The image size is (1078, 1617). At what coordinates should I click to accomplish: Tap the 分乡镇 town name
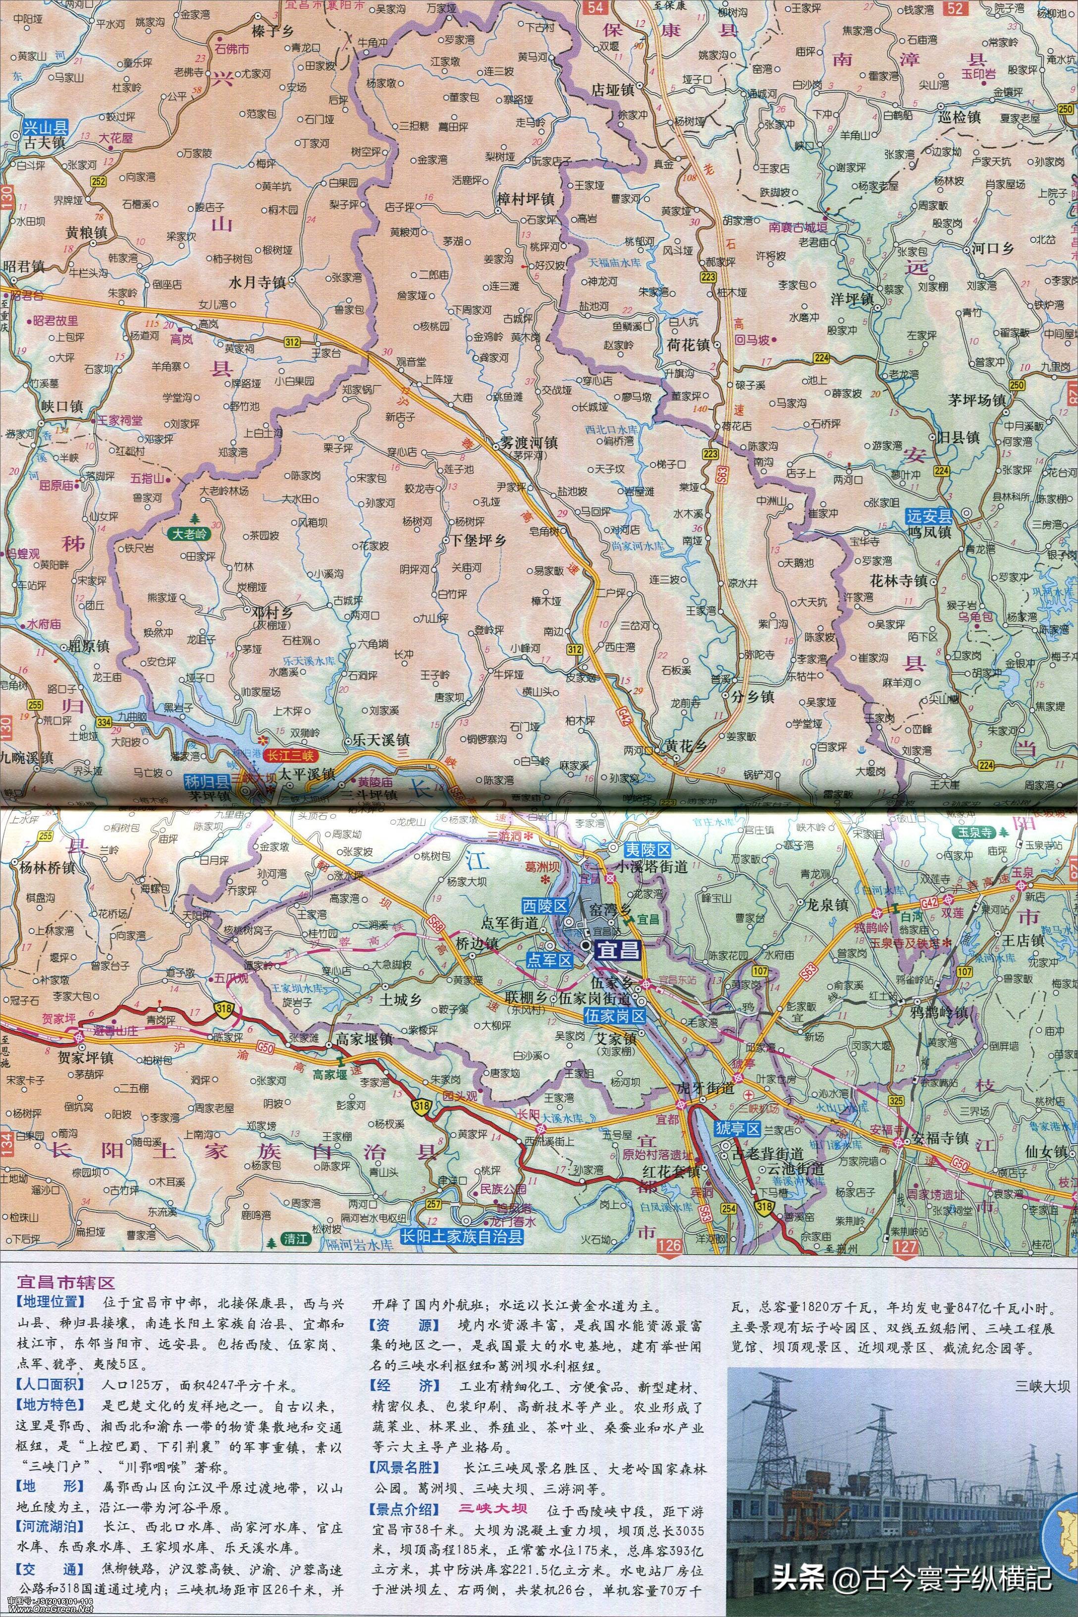pos(750,696)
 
